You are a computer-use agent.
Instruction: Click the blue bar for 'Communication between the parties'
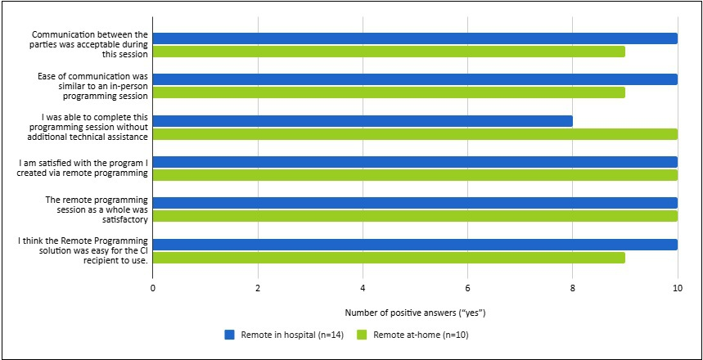[415, 38]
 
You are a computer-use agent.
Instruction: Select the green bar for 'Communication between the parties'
[389, 52]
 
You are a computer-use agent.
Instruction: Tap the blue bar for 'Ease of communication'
[415, 79]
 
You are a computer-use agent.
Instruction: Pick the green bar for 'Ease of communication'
[389, 92]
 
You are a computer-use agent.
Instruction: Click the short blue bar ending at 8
[363, 121]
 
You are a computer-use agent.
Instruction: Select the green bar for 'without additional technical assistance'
[415, 134]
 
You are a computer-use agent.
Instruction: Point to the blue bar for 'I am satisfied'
[415, 162]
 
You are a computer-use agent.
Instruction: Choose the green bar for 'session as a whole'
[415, 216]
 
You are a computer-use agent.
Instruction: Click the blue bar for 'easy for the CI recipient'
[415, 245]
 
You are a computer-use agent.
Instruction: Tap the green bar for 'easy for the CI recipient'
[389, 258]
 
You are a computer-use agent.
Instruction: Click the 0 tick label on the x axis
[153, 289]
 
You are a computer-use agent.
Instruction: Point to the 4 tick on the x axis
[363, 289]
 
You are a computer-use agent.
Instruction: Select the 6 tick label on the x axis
[467, 289]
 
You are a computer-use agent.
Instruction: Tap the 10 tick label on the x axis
[677, 289]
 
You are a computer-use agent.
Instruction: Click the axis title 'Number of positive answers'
[415, 313]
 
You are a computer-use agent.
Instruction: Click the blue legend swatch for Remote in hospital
[230, 335]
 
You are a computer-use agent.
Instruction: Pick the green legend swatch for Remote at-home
[361, 335]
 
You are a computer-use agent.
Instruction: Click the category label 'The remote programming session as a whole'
[103, 209]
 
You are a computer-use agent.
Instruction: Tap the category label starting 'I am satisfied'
[83, 167]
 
